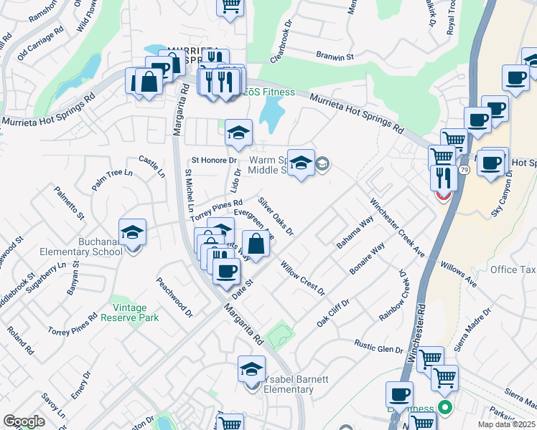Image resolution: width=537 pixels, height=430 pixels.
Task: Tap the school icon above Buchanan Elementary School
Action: click(x=132, y=233)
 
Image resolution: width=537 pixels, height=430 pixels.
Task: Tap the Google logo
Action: click(x=24, y=421)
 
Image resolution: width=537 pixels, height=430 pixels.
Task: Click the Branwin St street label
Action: click(x=337, y=55)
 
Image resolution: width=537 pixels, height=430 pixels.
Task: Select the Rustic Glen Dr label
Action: click(x=379, y=347)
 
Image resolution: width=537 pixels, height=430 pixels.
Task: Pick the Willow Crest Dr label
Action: click(x=303, y=278)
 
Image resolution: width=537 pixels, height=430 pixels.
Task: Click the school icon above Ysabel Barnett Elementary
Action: click(x=251, y=369)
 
